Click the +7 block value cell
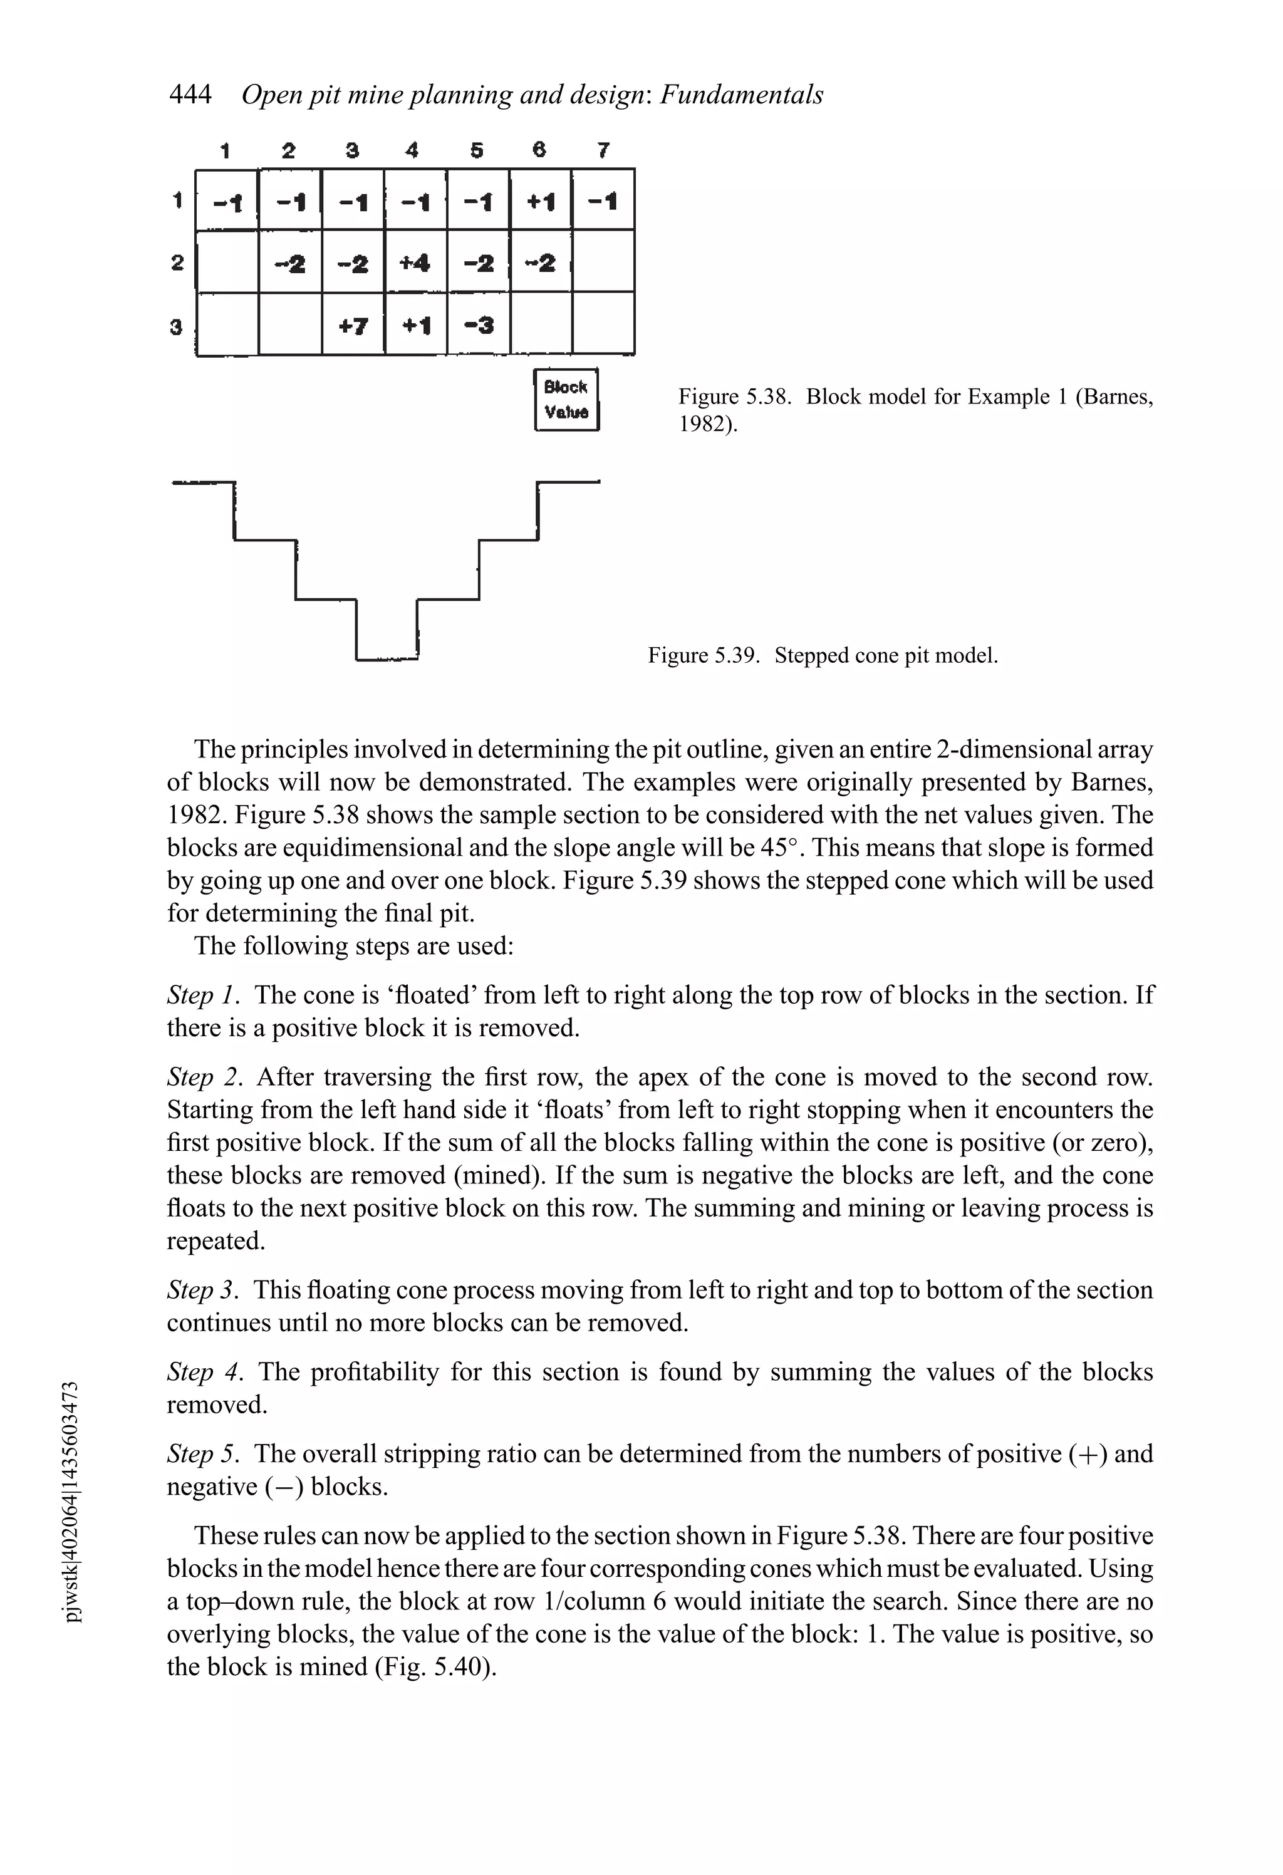click(x=353, y=325)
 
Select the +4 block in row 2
click(x=415, y=262)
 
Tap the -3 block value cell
click(x=479, y=325)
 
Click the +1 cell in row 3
click(x=415, y=325)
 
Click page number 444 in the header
click(x=190, y=95)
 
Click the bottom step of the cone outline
click(x=387, y=659)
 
